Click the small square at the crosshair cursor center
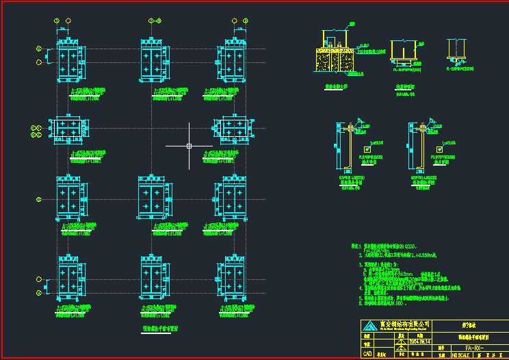(189, 146)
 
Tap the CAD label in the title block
(367, 355)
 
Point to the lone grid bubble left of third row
(39, 199)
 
